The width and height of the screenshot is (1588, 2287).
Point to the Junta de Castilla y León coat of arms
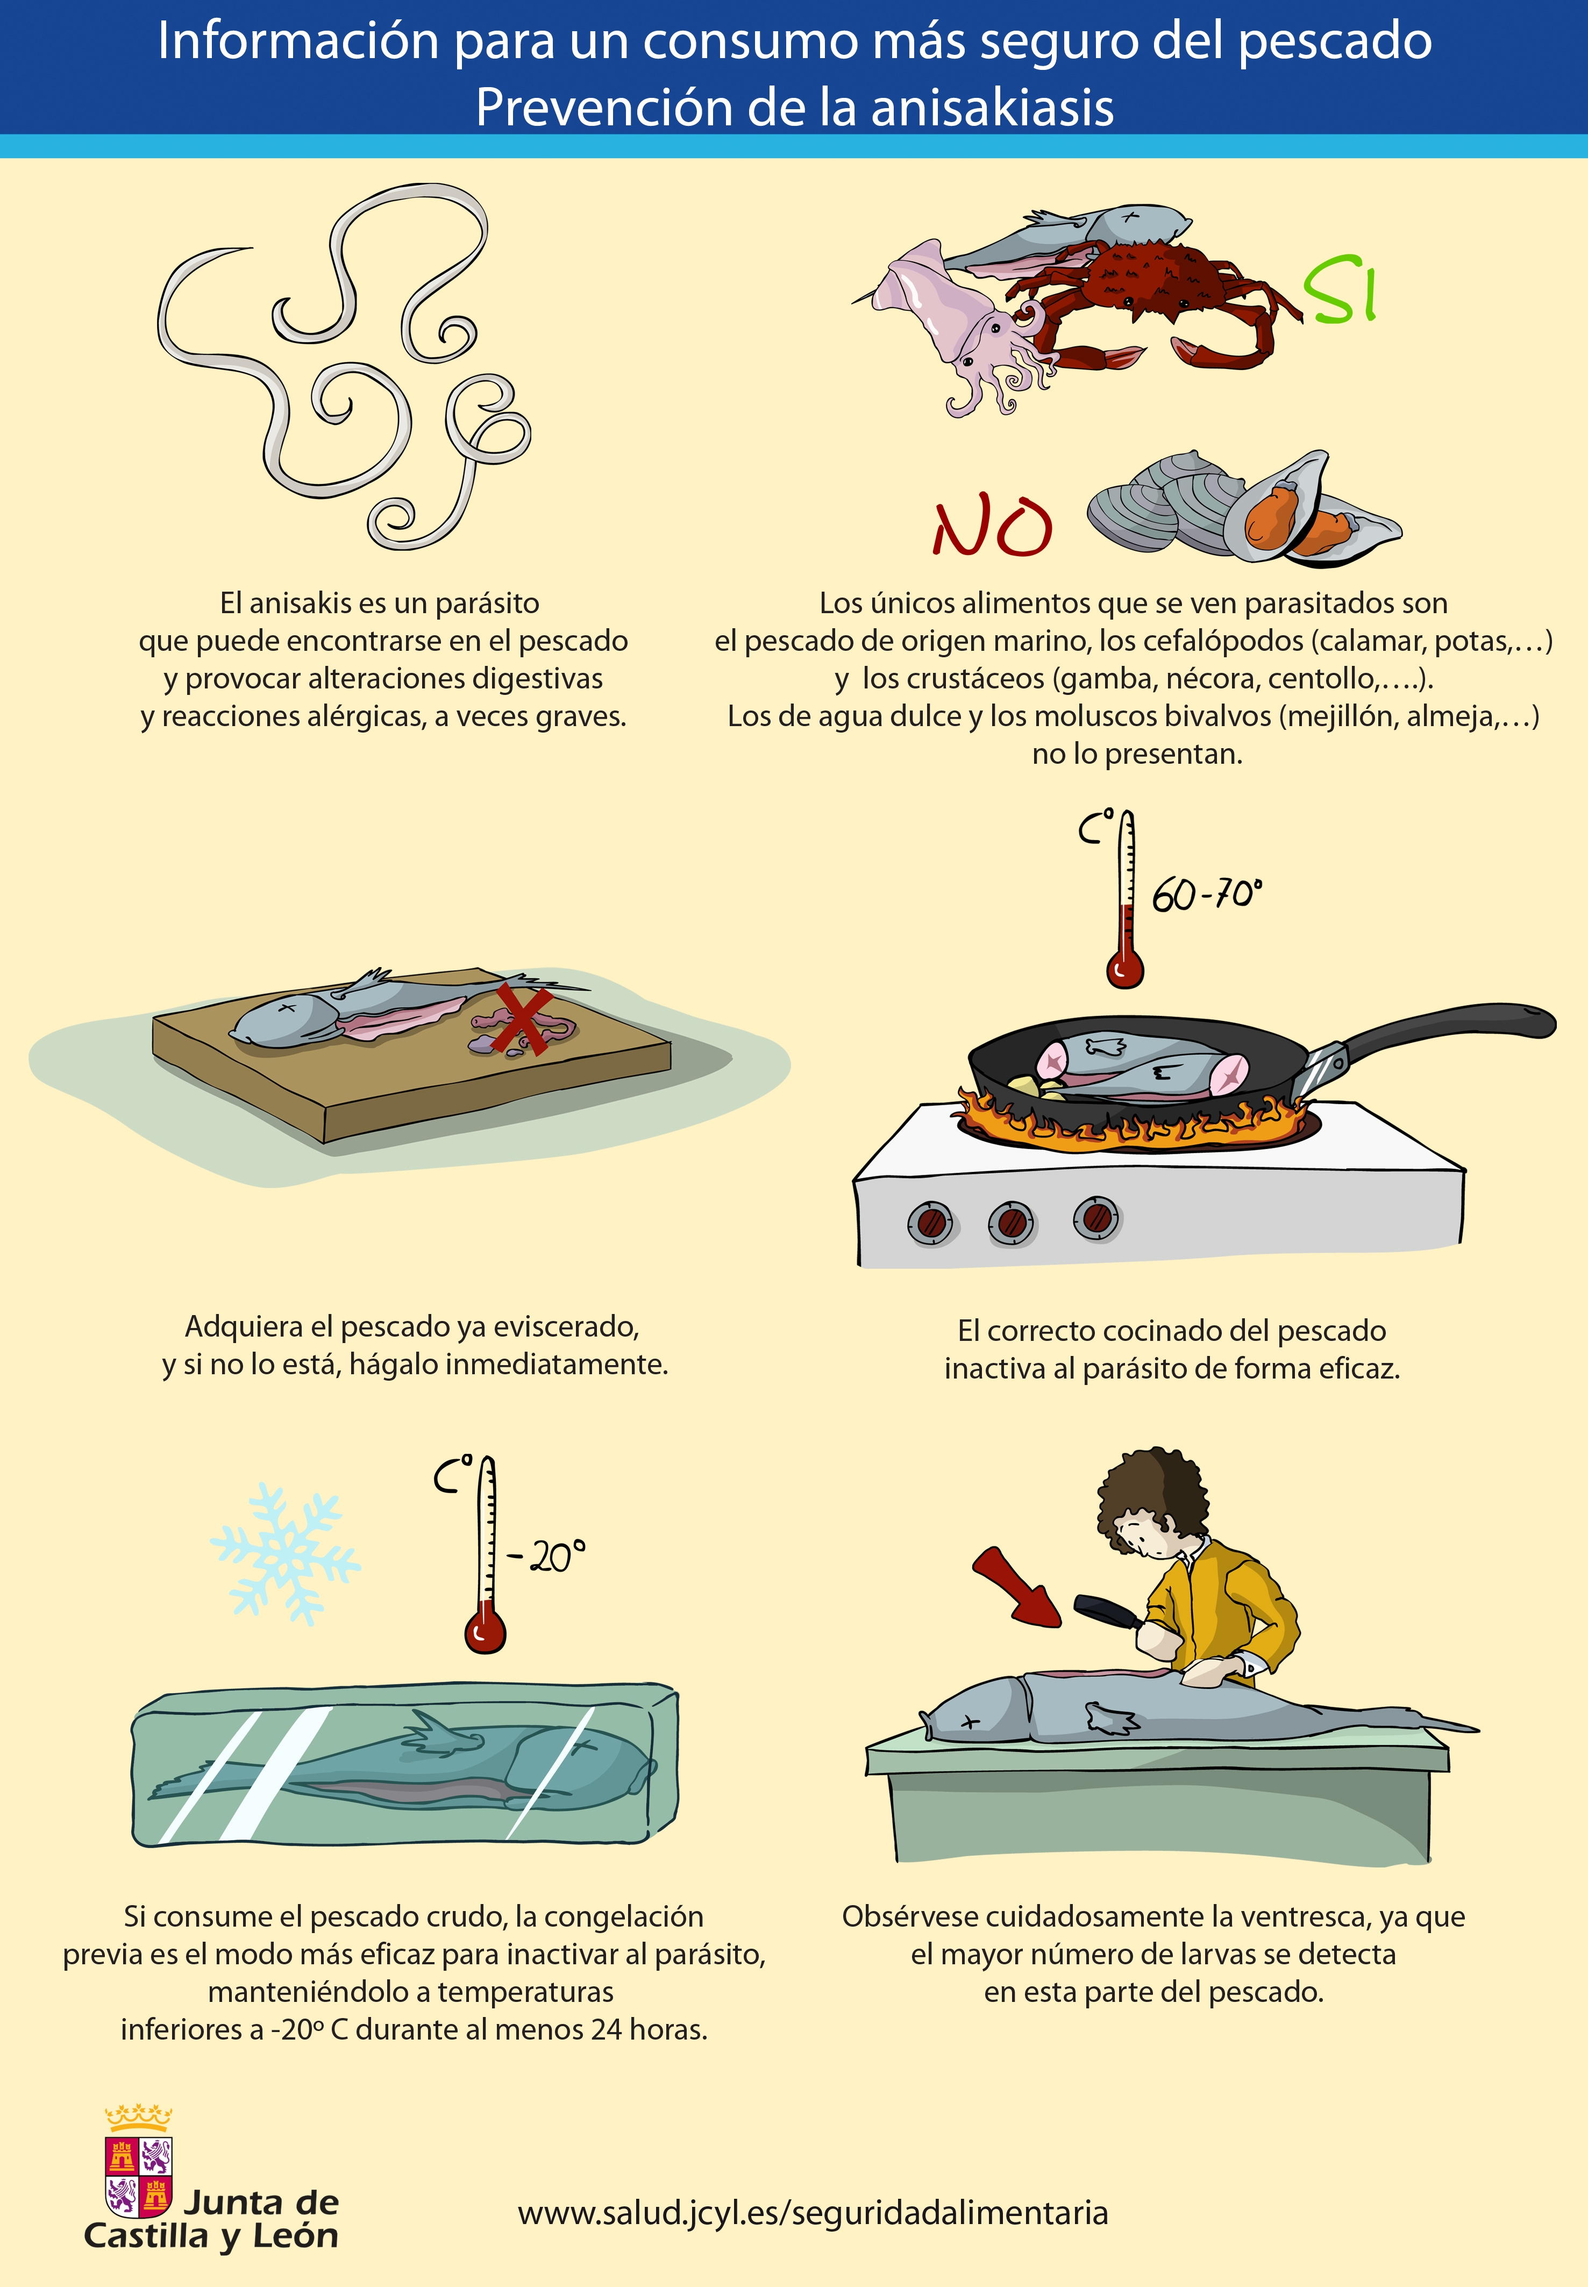138,2164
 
